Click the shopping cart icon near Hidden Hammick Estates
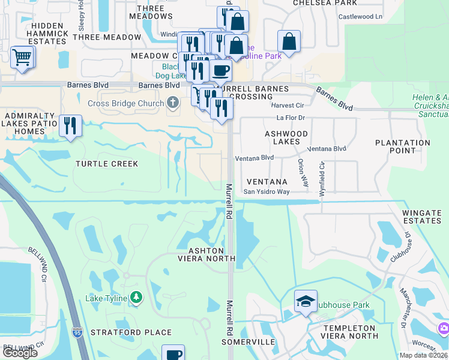22,58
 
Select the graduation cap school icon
306,301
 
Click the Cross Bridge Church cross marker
173,103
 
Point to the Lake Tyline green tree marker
136,298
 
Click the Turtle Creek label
107,164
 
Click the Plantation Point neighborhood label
402,147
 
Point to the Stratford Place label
131,332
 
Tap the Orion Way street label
300,173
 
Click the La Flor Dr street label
291,118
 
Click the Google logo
20,353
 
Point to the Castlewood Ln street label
360,16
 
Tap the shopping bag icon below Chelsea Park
289,42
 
